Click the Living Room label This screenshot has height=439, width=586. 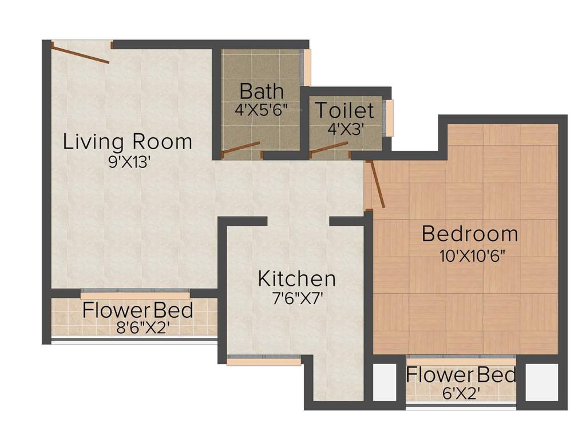coord(127,141)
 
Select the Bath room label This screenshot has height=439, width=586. coord(261,91)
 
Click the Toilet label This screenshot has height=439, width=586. coord(345,110)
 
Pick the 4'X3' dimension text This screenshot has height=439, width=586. coord(346,129)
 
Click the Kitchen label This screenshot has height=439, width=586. coord(296,279)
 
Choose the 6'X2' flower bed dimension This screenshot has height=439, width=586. coord(460,393)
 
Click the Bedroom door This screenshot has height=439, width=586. coord(378,184)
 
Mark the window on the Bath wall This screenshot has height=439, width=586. coord(307,67)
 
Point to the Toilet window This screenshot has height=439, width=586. coord(390,118)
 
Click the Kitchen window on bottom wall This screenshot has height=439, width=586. coord(263,361)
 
